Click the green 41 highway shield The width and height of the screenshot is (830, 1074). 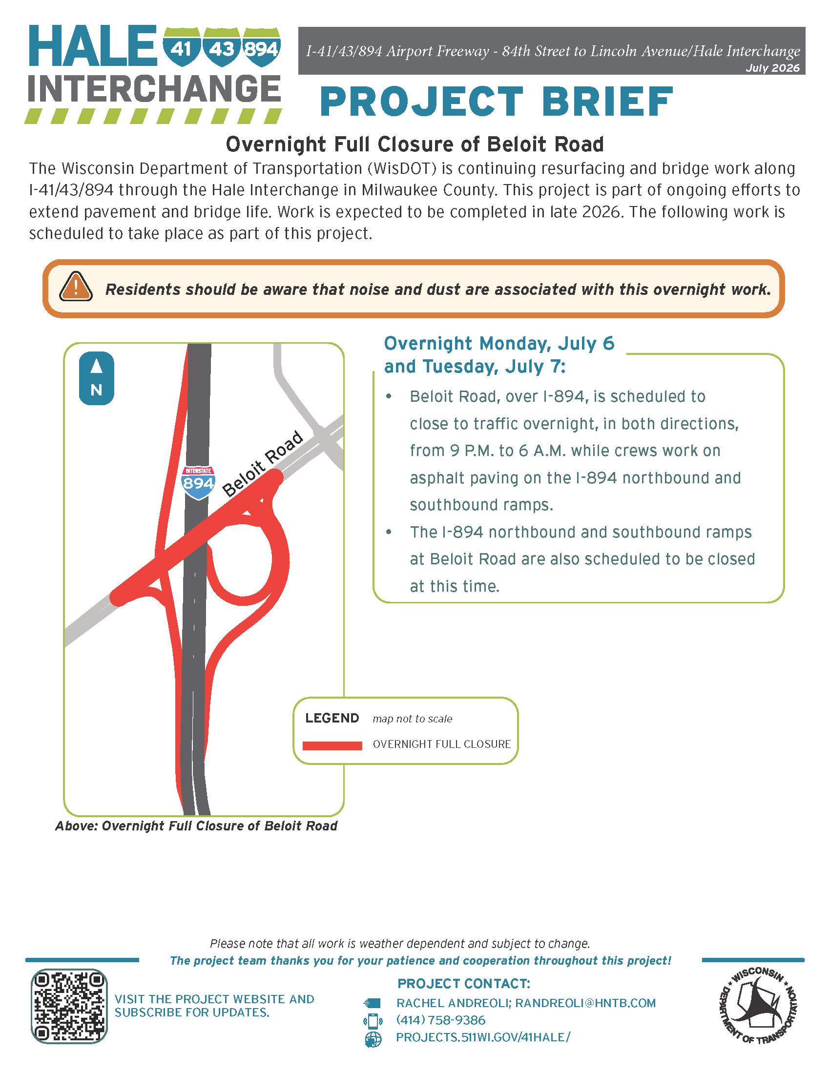pyautogui.click(x=182, y=47)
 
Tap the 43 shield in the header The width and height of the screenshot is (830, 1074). pyautogui.click(x=222, y=47)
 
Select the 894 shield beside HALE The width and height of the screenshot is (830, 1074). pyautogui.click(x=262, y=47)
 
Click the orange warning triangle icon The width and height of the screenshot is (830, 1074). pyautogui.click(x=76, y=286)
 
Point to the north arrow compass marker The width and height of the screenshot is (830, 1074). pyautogui.click(x=96, y=378)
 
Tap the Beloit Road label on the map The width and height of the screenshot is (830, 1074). pyautogui.click(x=263, y=463)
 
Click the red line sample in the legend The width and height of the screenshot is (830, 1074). pyautogui.click(x=332, y=745)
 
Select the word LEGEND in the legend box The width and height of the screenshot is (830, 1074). pyautogui.click(x=332, y=718)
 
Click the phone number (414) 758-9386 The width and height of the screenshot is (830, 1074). pyautogui.click(x=440, y=1020)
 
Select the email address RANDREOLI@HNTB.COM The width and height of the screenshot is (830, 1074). pyautogui.click(x=585, y=1003)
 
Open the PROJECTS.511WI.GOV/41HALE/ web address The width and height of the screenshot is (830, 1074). pyautogui.click(x=483, y=1037)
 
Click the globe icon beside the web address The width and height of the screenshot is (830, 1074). pyautogui.click(x=373, y=1039)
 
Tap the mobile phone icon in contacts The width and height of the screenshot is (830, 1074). pyautogui.click(x=373, y=1021)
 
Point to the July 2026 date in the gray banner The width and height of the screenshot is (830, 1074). pyautogui.click(x=772, y=68)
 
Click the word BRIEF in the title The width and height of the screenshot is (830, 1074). pyautogui.click(x=607, y=102)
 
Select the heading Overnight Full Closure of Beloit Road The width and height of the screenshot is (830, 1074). pyautogui.click(x=415, y=145)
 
